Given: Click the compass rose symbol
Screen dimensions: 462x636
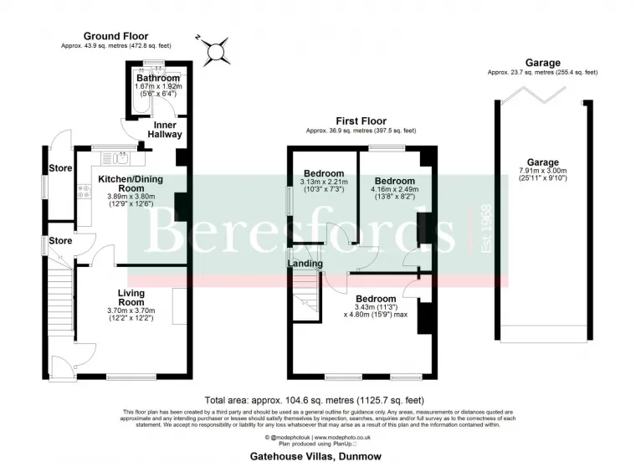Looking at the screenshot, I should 217,50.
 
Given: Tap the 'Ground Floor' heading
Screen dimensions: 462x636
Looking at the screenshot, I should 115,36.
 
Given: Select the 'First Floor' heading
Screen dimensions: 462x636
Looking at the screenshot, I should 360,121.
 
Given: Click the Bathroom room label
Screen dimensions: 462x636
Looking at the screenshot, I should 159,79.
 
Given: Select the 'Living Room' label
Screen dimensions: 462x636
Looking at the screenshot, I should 131,297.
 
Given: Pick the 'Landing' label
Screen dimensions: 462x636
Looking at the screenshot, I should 305,264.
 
